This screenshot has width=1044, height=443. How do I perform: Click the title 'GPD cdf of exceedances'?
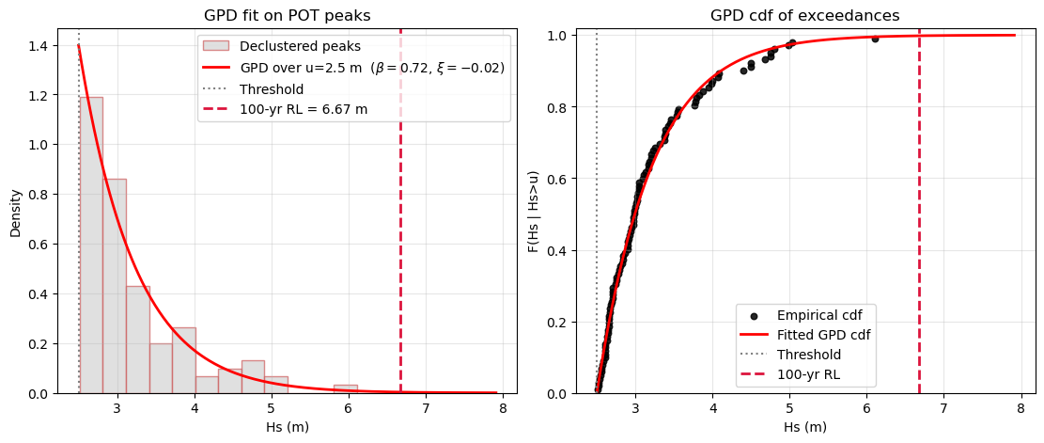click(794, 15)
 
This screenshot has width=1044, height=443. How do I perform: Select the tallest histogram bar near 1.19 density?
click(91, 245)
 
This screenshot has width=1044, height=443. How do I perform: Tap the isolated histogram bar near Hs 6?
click(346, 388)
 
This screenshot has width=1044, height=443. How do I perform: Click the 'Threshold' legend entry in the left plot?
click(272, 88)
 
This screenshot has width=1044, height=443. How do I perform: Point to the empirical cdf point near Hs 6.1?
click(875, 39)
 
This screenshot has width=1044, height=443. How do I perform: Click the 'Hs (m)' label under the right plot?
click(805, 427)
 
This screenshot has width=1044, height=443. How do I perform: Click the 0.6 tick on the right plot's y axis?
click(556, 179)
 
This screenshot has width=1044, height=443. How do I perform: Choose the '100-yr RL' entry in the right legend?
click(808, 375)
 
